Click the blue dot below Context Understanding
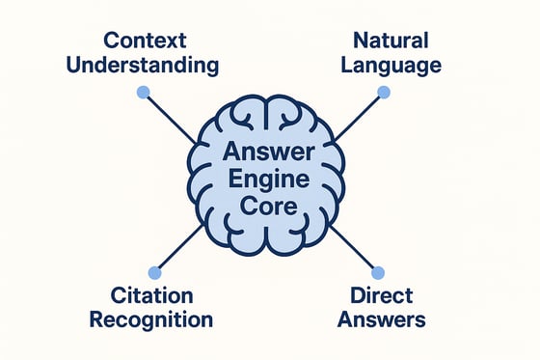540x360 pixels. [x=144, y=93]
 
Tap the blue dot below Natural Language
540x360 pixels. [x=384, y=93]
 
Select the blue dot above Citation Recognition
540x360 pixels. [x=152, y=273]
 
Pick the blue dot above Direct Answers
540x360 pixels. [x=377, y=273]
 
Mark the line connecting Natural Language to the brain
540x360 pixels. [x=359, y=117]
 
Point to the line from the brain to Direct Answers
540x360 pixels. [x=355, y=250]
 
